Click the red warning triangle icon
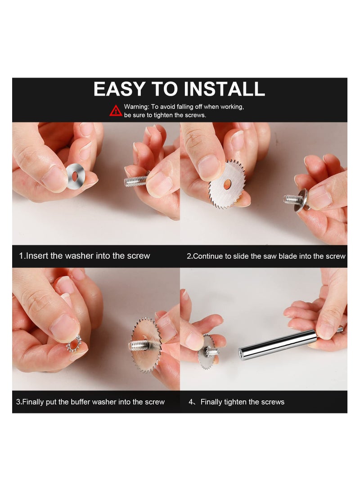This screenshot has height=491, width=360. coord(116,111)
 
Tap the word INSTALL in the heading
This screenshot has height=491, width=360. coord(225,89)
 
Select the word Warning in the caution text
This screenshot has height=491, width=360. coord(136,107)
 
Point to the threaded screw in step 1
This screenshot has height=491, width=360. coord(135,181)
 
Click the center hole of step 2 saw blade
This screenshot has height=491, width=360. coord(227,183)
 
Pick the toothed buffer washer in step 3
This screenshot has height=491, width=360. coord(73,343)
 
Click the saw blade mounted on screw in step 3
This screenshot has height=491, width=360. coord(146,345)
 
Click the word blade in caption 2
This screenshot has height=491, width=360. coord(288,256)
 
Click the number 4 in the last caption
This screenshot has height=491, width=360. coord(191,402)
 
